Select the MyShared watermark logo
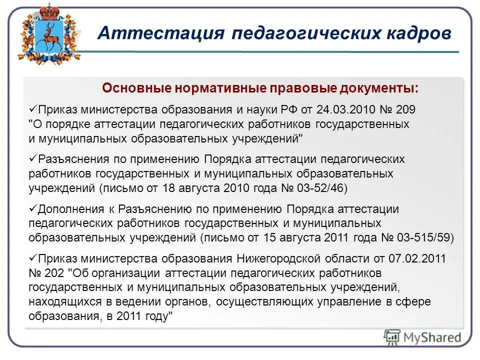[x=423, y=337]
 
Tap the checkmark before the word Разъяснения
[x=34, y=158]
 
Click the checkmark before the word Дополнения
[x=34, y=208]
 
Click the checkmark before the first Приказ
[x=34, y=108]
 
